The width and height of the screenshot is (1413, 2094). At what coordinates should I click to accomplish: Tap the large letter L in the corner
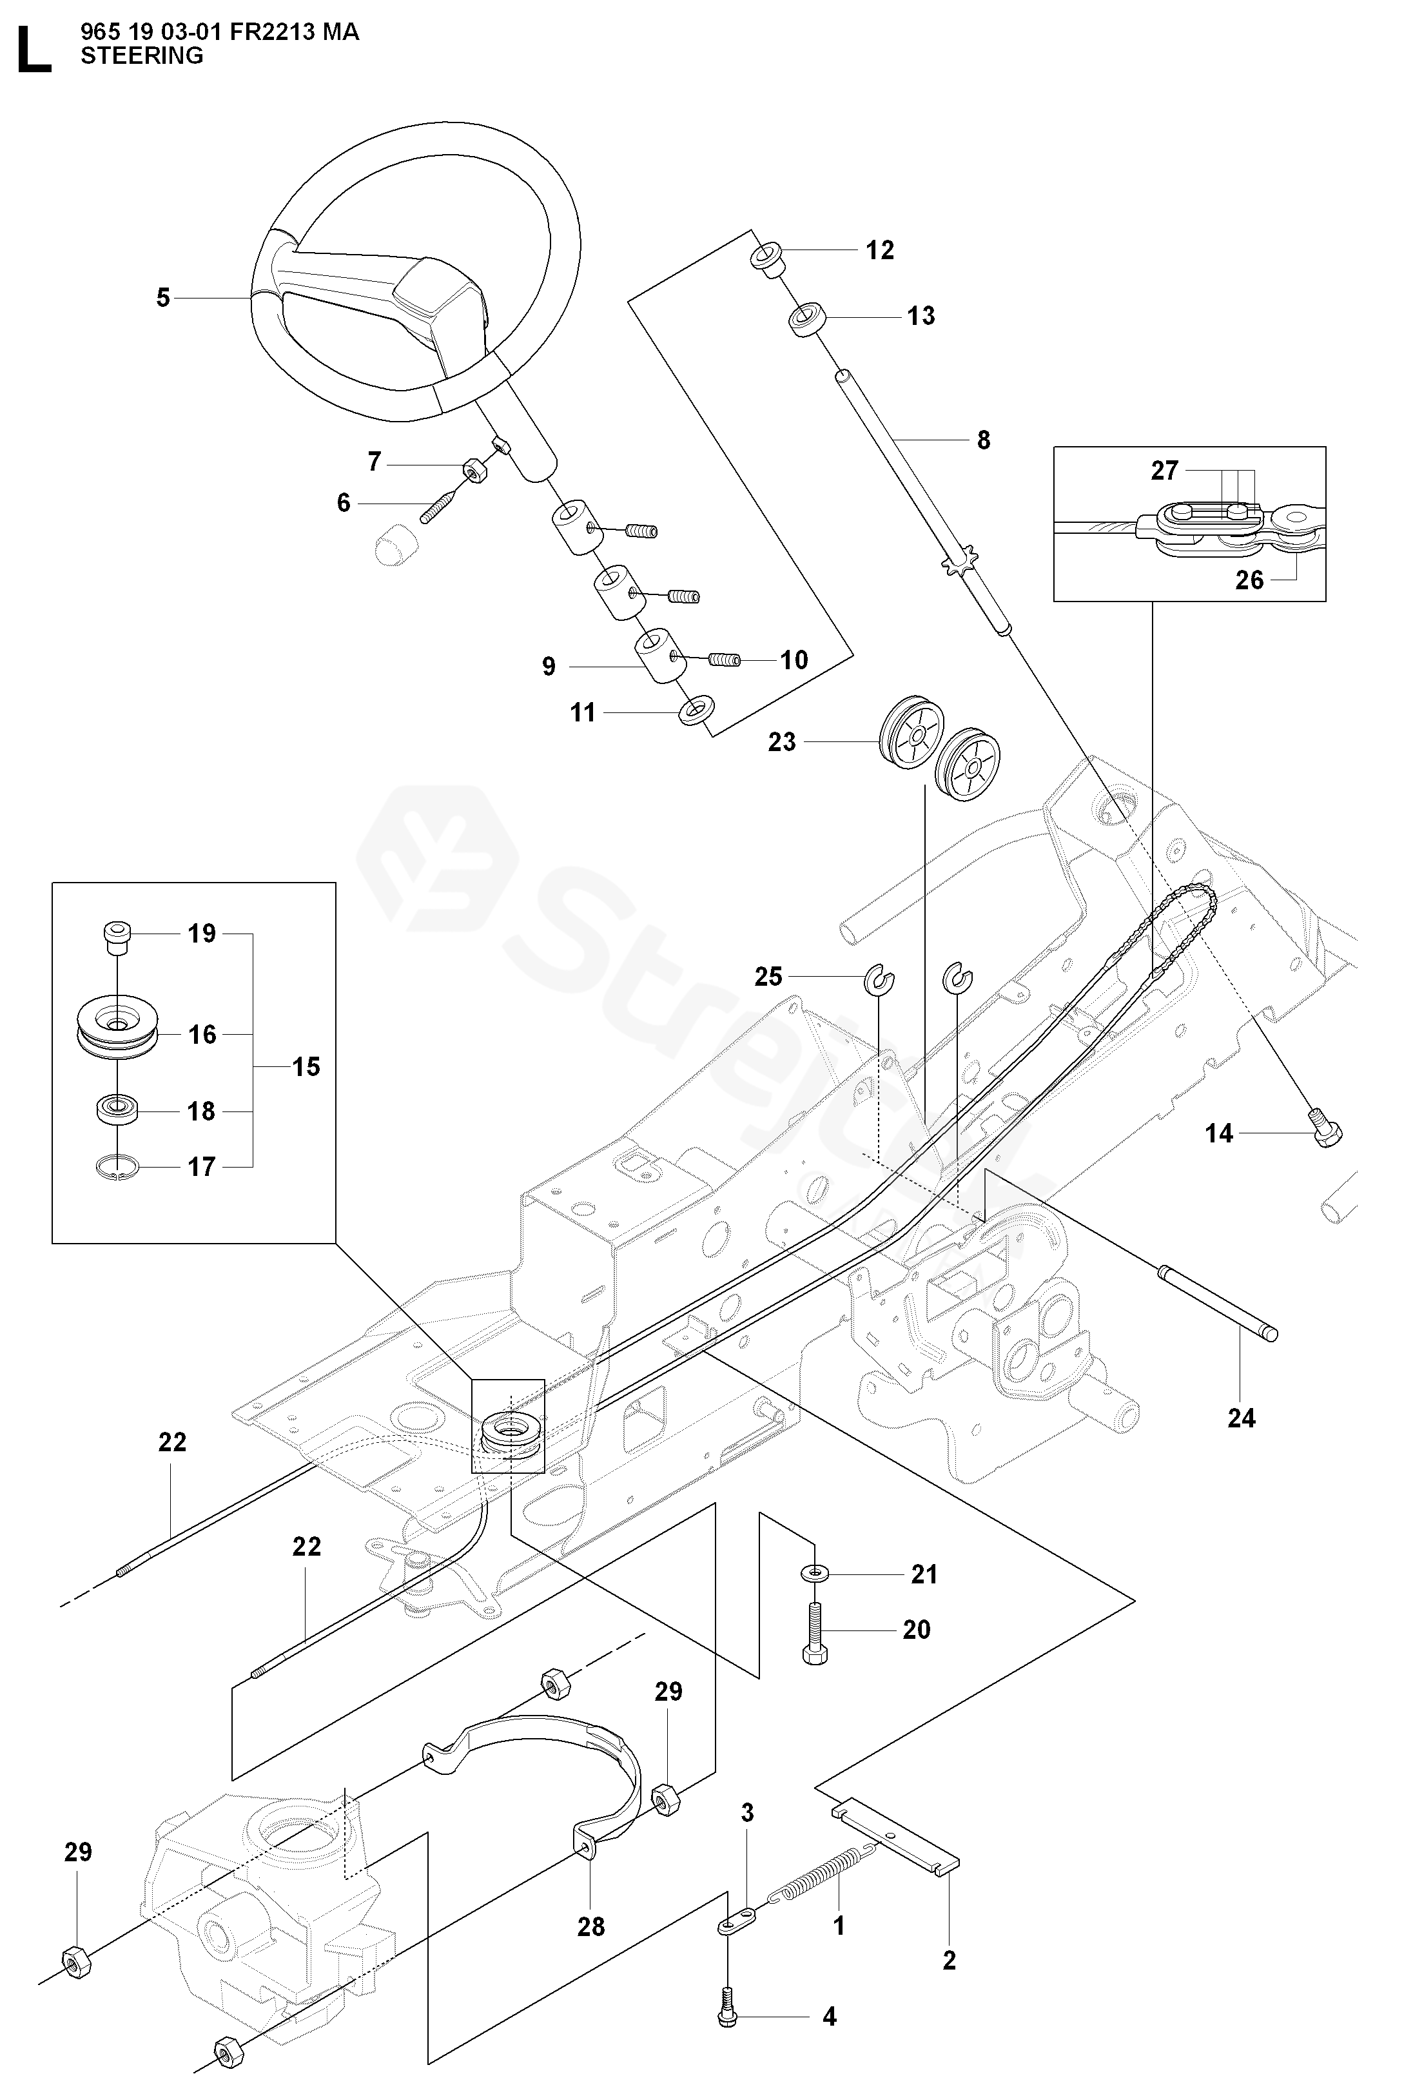point(34,50)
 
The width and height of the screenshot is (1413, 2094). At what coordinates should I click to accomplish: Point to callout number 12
point(879,251)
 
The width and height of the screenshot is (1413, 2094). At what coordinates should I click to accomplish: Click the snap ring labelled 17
point(115,1168)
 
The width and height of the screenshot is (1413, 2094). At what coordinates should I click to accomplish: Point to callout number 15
point(306,1067)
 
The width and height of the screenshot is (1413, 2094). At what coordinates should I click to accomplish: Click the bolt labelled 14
point(1325,1133)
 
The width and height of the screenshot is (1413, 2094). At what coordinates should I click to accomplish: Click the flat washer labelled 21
point(815,1573)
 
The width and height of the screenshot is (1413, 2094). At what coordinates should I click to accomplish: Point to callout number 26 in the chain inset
point(1249,580)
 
